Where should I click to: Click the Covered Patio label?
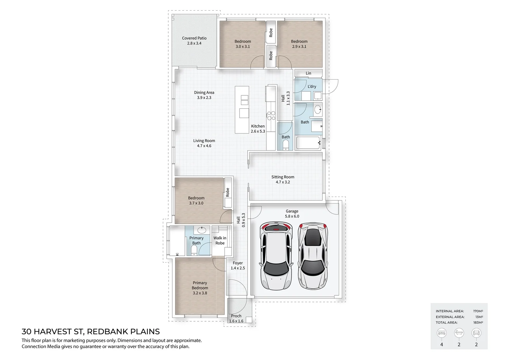194,38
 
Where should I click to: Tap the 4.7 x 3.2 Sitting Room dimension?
282,182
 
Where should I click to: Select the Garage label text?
292,211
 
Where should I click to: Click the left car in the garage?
275,256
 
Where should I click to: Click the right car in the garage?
312,256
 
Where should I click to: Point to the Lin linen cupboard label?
308,73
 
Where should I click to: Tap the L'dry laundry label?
312,87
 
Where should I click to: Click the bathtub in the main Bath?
308,143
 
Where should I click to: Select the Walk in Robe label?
220,241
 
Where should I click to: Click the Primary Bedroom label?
200,285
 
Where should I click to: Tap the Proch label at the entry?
236,316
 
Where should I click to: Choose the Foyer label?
238,263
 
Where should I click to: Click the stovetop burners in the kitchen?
271,116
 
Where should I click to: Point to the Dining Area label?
204,93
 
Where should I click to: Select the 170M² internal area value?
478,311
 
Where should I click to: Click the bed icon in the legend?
442,333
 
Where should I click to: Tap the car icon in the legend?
476,333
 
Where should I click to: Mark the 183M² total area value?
478,322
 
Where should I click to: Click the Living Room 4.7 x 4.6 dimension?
204,146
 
